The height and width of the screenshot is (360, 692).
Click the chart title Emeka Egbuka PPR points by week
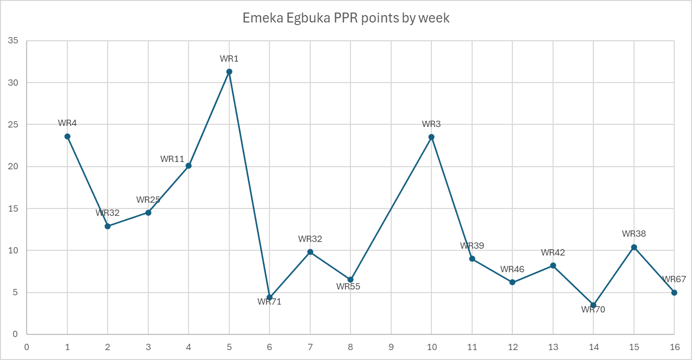[x=346, y=18]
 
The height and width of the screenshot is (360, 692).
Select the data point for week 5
[x=229, y=72]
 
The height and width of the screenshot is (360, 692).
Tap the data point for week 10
[x=431, y=137]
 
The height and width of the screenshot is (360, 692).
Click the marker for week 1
[x=67, y=136]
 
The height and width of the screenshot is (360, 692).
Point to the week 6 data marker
[x=269, y=297]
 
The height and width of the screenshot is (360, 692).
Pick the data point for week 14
[x=593, y=305]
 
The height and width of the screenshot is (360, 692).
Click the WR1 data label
[x=229, y=59]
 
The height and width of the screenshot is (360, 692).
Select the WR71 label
[x=269, y=301]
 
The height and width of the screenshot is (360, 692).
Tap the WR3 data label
[x=431, y=124]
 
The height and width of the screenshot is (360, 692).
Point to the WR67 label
[x=674, y=280]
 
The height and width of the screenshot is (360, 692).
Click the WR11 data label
[x=172, y=159]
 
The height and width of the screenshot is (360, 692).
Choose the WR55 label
[x=348, y=286]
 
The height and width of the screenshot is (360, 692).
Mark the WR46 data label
[x=512, y=270]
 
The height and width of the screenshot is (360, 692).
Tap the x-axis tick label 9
[x=391, y=346]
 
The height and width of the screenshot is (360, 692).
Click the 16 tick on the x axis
[x=674, y=346]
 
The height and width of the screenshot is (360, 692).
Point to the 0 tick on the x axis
[x=27, y=346]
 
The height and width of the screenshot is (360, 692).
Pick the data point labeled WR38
[x=634, y=247]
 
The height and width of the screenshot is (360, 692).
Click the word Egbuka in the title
[x=300, y=18]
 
